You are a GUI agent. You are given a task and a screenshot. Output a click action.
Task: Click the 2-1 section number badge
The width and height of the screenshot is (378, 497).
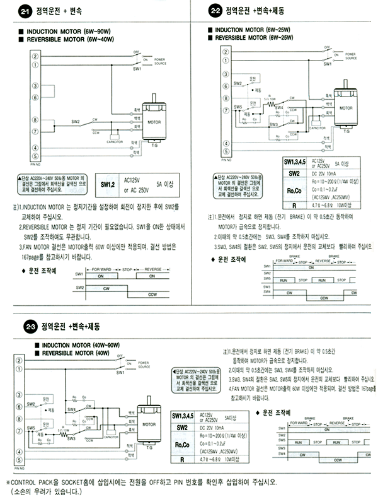tap(24, 11)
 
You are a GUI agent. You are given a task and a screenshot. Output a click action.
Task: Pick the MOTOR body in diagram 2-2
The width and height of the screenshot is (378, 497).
tap(346, 108)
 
